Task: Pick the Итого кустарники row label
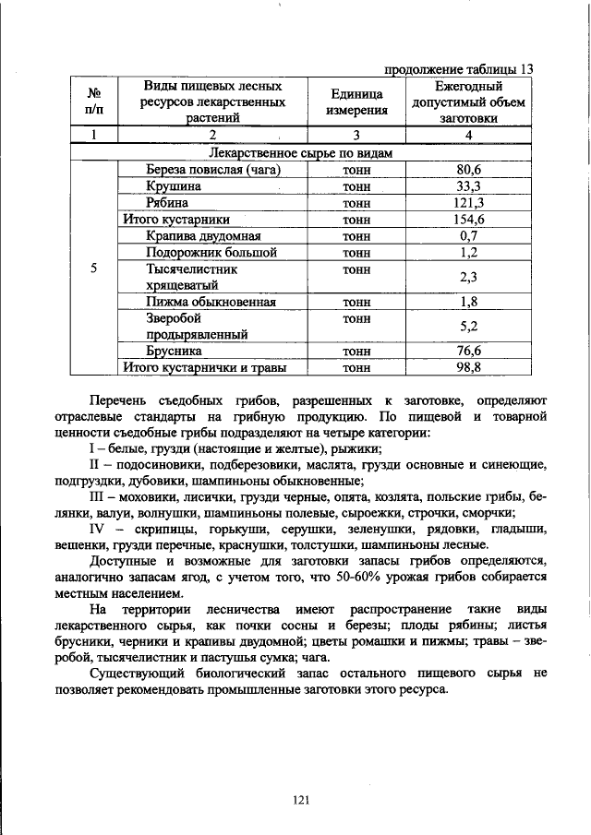pyautogui.click(x=176, y=220)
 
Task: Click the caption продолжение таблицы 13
pyautogui.click(x=458, y=68)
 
